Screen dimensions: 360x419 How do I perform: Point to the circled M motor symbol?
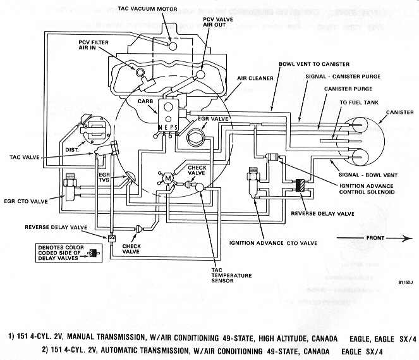(167, 179)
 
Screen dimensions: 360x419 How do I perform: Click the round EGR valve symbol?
(198, 133)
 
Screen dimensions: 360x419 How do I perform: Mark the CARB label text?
(137, 101)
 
